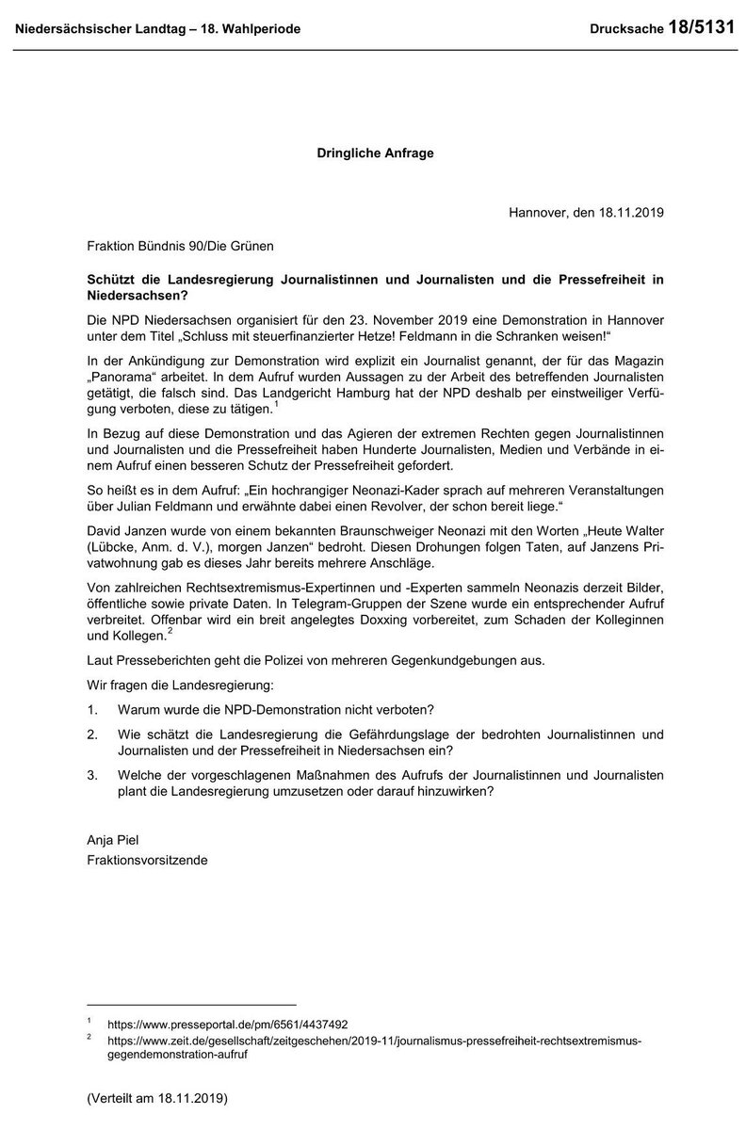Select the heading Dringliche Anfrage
pos(374,153)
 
